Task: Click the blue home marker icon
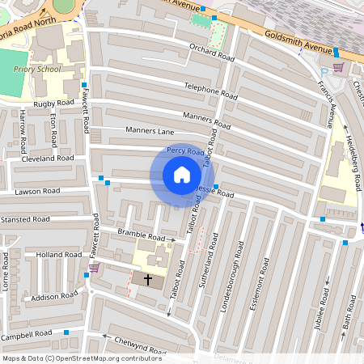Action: coord(182,175)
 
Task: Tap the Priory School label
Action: coord(37,70)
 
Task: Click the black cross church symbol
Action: coord(148,280)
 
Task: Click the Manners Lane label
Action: coord(150,130)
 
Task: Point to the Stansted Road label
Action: coord(25,218)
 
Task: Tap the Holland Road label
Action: coord(59,255)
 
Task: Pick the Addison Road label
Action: coord(55,298)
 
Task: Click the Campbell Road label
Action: coord(27,334)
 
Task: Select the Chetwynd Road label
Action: coord(138,345)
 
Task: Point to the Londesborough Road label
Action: coord(240,271)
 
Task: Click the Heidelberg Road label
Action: coord(353,146)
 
